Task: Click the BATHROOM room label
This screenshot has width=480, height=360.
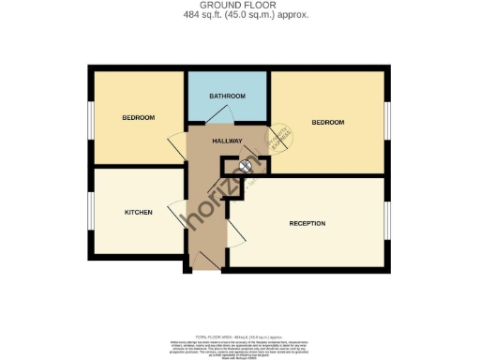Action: (227, 96)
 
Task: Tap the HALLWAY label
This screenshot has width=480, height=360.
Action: (227, 142)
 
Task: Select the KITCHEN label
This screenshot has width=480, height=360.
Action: (139, 212)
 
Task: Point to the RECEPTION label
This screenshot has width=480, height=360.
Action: (307, 223)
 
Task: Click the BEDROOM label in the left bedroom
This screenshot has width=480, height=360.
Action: (138, 118)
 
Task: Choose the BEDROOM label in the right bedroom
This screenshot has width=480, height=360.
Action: (328, 123)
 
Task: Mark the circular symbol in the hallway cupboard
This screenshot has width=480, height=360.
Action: (246, 166)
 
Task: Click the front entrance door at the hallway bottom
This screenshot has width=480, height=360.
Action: (208, 262)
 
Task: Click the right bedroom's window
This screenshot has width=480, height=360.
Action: (386, 122)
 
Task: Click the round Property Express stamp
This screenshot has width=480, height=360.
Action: (277, 138)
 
